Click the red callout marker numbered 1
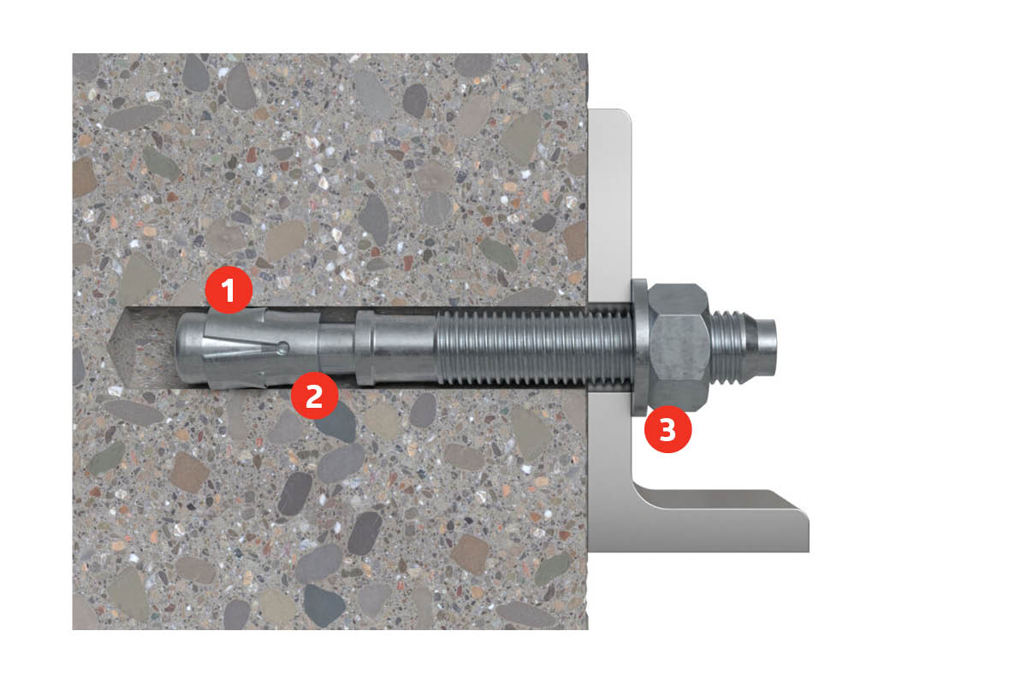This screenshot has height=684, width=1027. [229, 290]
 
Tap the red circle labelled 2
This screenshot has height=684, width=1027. [315, 395]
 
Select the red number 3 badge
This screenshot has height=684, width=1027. [668, 429]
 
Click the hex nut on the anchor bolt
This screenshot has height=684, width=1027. [679, 347]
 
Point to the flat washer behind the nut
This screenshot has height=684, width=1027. [639, 347]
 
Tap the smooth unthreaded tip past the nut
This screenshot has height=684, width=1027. [763, 347]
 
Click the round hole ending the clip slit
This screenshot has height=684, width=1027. [283, 349]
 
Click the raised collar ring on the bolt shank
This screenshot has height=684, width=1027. [364, 347]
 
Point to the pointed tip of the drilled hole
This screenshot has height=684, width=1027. [110, 346]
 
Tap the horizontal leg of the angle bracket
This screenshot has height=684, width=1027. [720, 521]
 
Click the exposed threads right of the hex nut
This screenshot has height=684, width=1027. [729, 347]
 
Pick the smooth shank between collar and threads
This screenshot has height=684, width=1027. [403, 347]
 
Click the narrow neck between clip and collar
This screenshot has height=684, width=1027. [337, 347]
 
